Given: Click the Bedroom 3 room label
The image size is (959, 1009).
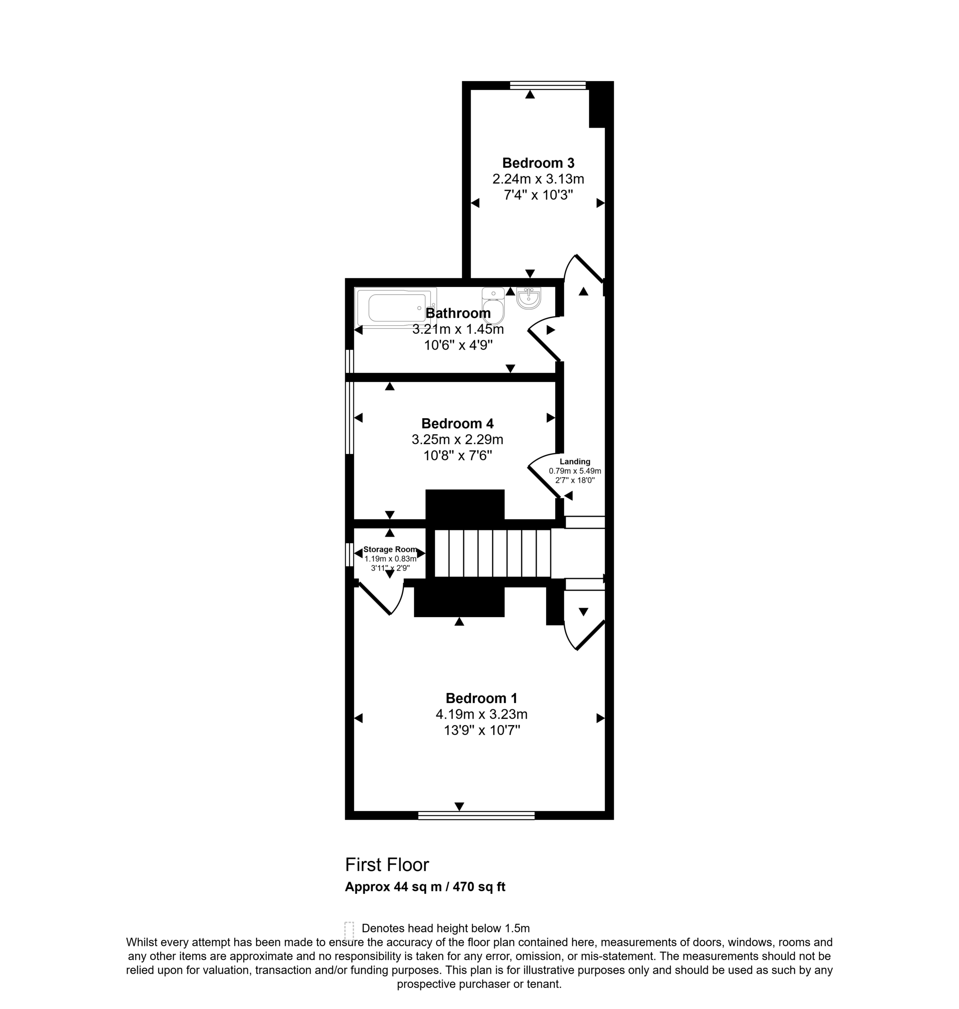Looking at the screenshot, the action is [x=538, y=163].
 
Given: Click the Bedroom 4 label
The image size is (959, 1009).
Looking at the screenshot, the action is [x=458, y=423].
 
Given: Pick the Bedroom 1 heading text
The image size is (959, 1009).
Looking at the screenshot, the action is [x=482, y=698].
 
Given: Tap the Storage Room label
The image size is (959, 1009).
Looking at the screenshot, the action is [x=390, y=549].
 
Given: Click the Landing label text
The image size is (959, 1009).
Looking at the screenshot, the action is [x=575, y=462].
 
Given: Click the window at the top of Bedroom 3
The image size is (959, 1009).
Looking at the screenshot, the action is [x=548, y=86].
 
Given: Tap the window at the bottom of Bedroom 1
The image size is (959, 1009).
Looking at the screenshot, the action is [x=477, y=815].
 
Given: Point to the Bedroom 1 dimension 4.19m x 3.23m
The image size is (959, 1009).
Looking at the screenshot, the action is [x=482, y=714].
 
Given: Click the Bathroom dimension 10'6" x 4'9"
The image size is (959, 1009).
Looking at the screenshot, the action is [x=458, y=345].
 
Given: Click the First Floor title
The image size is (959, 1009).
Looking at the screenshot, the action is [x=387, y=865].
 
